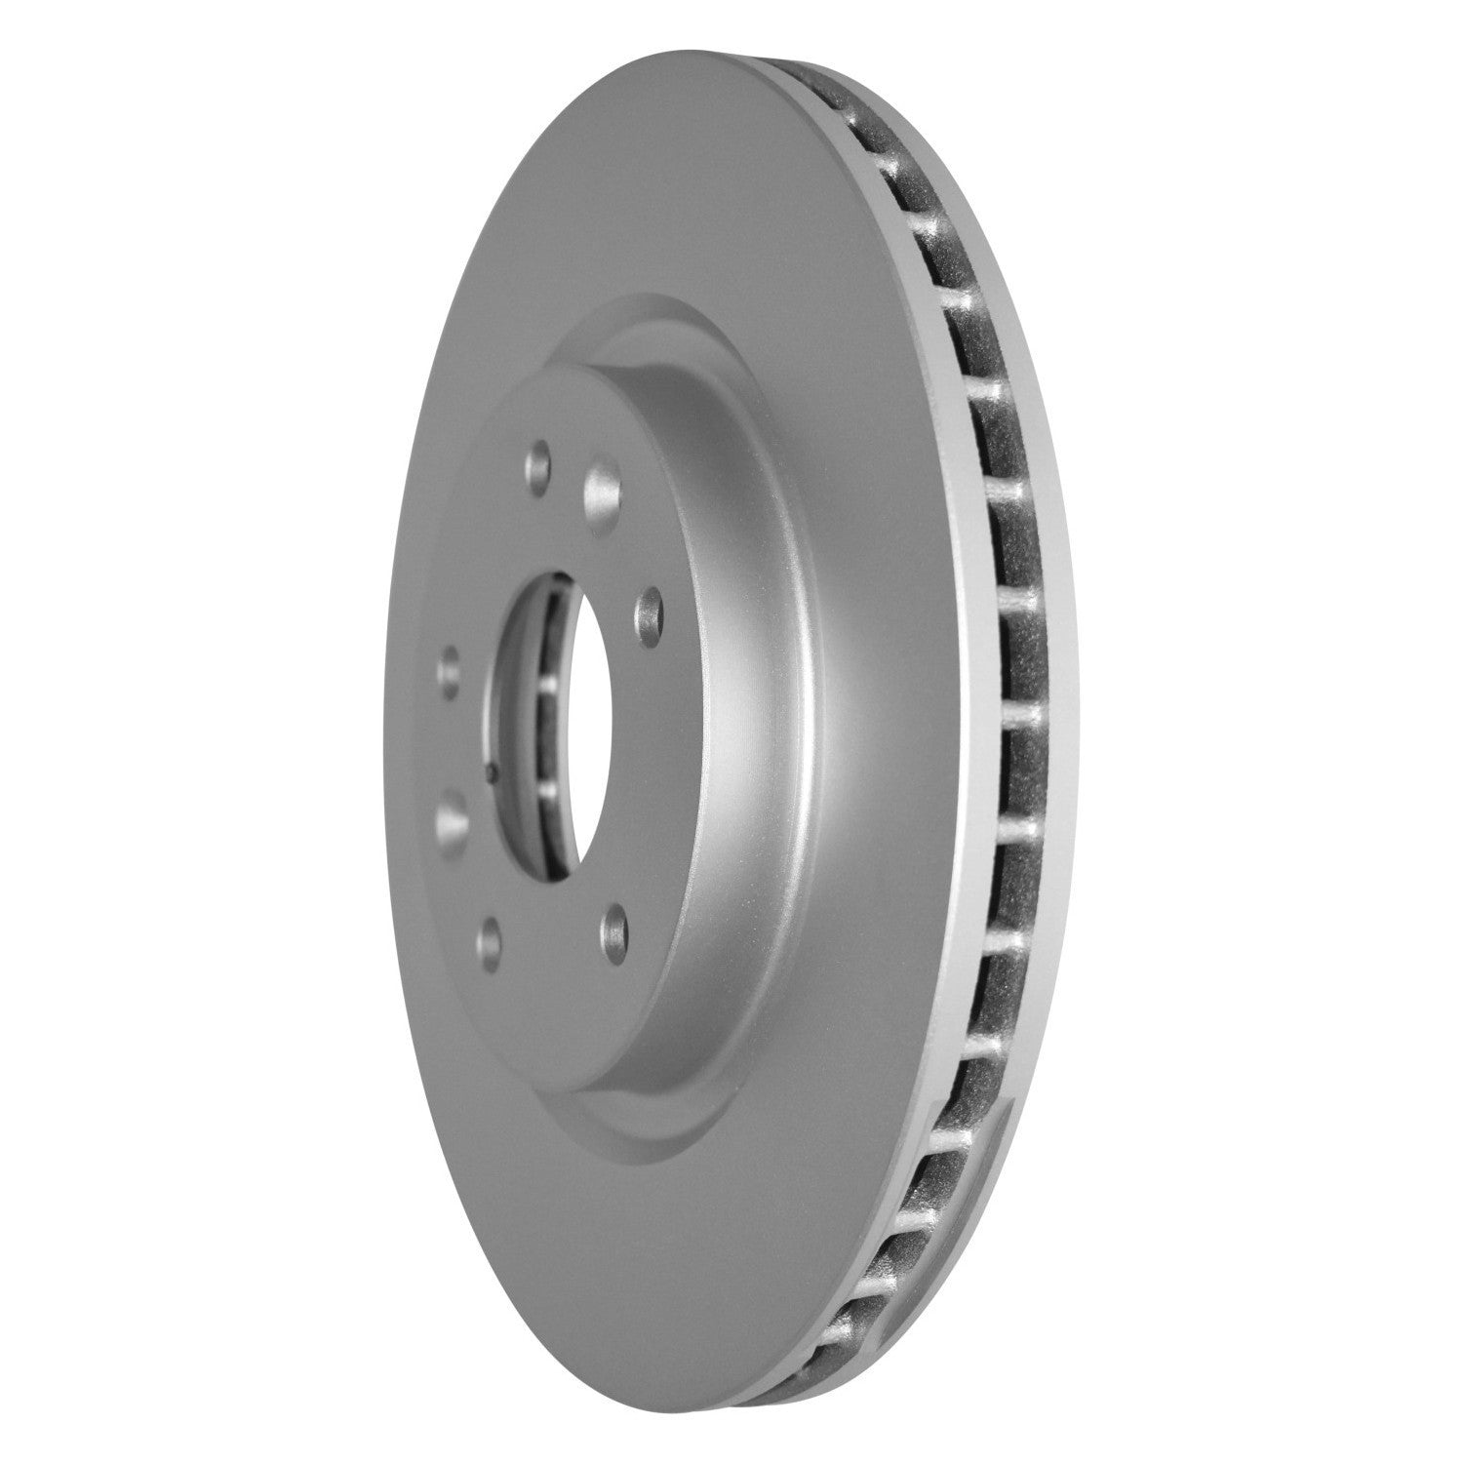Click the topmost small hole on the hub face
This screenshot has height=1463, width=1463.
coord(538,458)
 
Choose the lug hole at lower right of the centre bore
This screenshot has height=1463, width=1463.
coord(614,920)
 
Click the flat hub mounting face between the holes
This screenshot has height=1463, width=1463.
coord(527,546)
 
